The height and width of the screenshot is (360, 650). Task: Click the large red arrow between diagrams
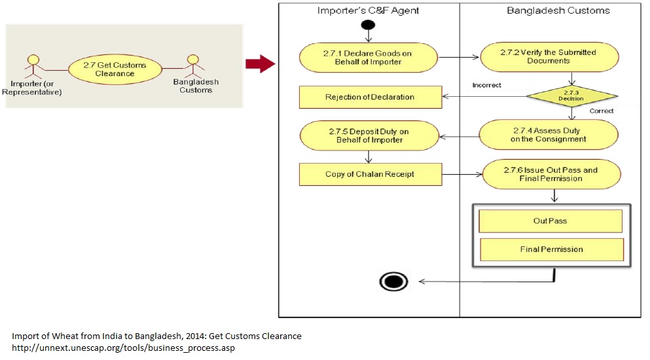pyautogui.click(x=259, y=63)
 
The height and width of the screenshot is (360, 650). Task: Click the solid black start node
pyautogui.click(x=367, y=26)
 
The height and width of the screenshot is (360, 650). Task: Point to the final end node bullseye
pyautogui.click(x=393, y=281)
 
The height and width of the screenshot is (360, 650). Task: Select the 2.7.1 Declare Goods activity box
pyautogui.click(x=368, y=58)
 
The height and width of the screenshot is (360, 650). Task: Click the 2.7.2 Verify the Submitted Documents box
pyautogui.click(x=549, y=57)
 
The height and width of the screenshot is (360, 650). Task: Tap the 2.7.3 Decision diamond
pyautogui.click(x=571, y=97)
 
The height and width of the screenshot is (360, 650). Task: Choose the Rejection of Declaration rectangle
pyautogui.click(x=369, y=97)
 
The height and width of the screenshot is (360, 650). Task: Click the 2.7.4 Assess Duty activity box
pyautogui.click(x=548, y=135)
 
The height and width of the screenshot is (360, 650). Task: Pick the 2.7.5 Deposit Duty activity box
pyautogui.click(x=368, y=135)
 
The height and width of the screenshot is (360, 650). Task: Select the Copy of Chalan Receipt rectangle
pyautogui.click(x=369, y=174)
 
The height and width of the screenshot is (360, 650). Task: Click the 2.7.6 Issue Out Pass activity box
pyautogui.click(x=550, y=174)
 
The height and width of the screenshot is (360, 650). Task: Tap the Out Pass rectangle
pyautogui.click(x=550, y=221)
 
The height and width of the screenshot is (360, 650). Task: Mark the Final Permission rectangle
pyautogui.click(x=551, y=249)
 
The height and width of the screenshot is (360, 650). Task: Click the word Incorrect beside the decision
pyautogui.click(x=486, y=86)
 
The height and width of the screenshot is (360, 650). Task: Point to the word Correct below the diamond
pyautogui.click(x=601, y=111)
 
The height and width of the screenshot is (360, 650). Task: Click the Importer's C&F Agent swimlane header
pyautogui.click(x=368, y=10)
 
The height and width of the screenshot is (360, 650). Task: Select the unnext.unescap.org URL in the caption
pyautogui.click(x=123, y=348)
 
